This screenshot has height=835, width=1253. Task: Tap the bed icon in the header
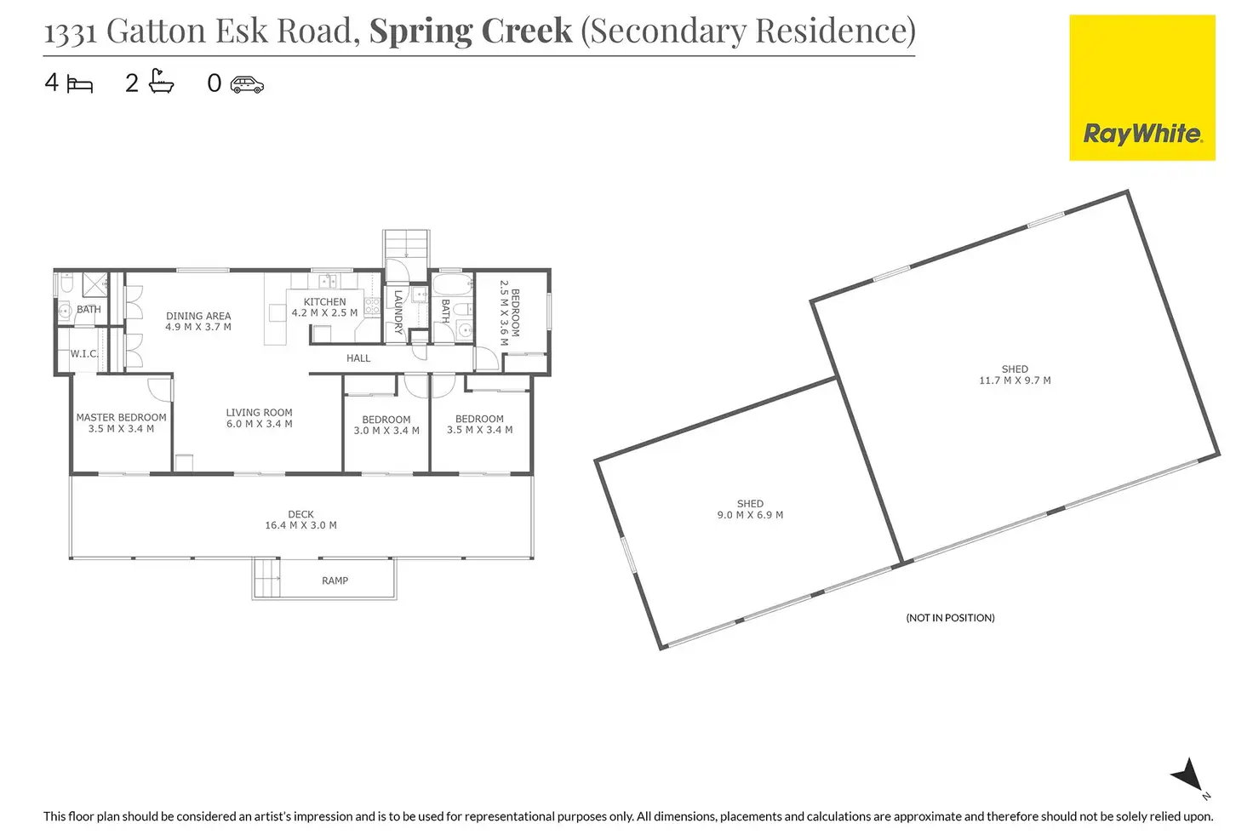tap(79, 84)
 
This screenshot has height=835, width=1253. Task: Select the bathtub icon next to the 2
tap(161, 82)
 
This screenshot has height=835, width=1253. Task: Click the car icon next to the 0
tap(247, 83)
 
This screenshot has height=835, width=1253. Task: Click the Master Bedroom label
tap(121, 423)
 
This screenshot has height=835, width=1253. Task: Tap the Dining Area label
tap(198, 321)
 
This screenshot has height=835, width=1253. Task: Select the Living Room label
tap(259, 418)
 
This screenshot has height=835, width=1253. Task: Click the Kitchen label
tap(324, 307)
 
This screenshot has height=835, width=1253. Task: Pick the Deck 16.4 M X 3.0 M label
tap(300, 520)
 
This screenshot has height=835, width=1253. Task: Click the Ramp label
tap(335, 580)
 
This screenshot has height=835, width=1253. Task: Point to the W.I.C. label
tap(84, 353)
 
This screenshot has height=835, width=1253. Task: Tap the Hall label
tap(358, 358)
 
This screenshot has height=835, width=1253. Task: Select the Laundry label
tap(398, 312)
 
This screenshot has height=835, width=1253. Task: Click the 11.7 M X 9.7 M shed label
tap(1015, 375)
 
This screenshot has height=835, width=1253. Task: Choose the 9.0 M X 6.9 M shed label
tap(750, 510)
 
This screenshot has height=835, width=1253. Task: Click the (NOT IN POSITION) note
tap(950, 618)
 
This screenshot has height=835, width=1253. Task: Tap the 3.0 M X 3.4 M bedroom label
tap(386, 425)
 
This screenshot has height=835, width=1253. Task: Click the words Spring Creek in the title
tap(470, 31)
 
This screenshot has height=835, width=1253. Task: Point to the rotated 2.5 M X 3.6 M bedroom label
tap(509, 313)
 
